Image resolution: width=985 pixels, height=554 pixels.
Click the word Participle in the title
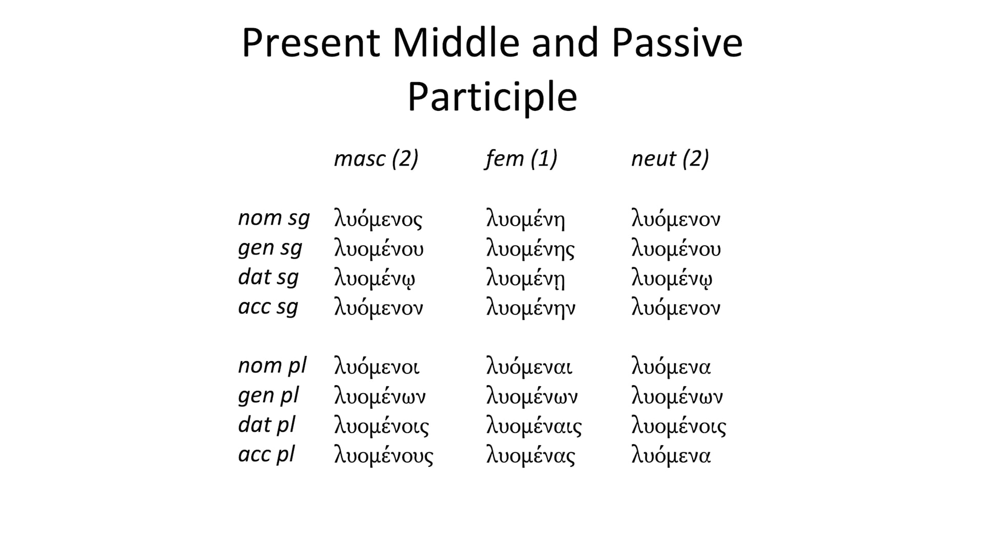492,96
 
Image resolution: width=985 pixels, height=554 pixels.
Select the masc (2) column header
376,159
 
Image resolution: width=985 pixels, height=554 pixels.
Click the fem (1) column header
521,159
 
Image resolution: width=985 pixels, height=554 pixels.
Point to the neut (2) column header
669,159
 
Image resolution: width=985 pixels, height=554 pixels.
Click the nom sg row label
274,219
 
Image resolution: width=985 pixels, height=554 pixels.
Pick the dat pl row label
267,425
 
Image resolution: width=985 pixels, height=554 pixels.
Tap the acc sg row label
268,307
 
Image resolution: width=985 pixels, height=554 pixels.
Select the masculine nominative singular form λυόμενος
378,220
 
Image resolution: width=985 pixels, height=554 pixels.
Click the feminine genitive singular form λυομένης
530,249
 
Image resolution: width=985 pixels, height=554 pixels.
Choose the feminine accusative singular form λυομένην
530,308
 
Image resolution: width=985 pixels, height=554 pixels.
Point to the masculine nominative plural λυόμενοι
377,367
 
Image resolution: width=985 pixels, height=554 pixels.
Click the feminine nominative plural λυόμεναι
529,367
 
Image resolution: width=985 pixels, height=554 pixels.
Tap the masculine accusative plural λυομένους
384,456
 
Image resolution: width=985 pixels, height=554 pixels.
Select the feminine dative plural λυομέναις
534,426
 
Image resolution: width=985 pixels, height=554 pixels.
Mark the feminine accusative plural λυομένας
530,456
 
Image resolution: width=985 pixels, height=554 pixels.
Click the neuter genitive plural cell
677,397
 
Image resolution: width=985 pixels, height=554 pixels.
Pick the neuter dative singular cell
672,279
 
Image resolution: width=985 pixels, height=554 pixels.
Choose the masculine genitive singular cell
379,249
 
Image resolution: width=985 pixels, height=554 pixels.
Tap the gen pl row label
268,396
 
